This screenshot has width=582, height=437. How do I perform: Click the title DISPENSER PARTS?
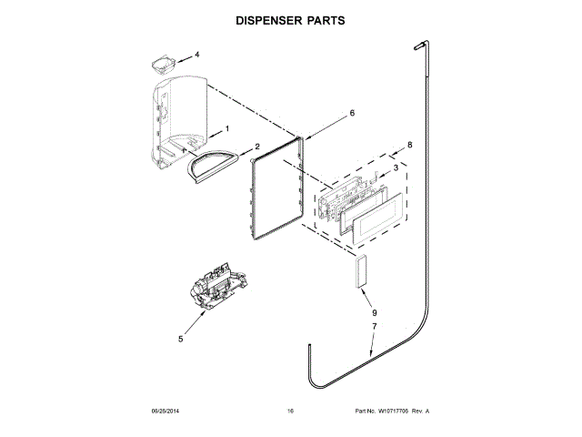coord(290,18)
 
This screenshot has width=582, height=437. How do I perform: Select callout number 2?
coord(257,147)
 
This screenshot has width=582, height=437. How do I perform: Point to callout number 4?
coord(196,55)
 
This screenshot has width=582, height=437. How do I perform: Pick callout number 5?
coord(180,339)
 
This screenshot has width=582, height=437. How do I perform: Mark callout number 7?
coord(373,326)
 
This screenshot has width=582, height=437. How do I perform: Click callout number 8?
coord(410,145)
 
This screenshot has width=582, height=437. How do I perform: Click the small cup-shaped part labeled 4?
coord(163,64)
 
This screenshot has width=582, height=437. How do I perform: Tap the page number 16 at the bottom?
coord(290,412)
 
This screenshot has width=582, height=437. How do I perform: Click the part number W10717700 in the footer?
coord(392,412)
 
